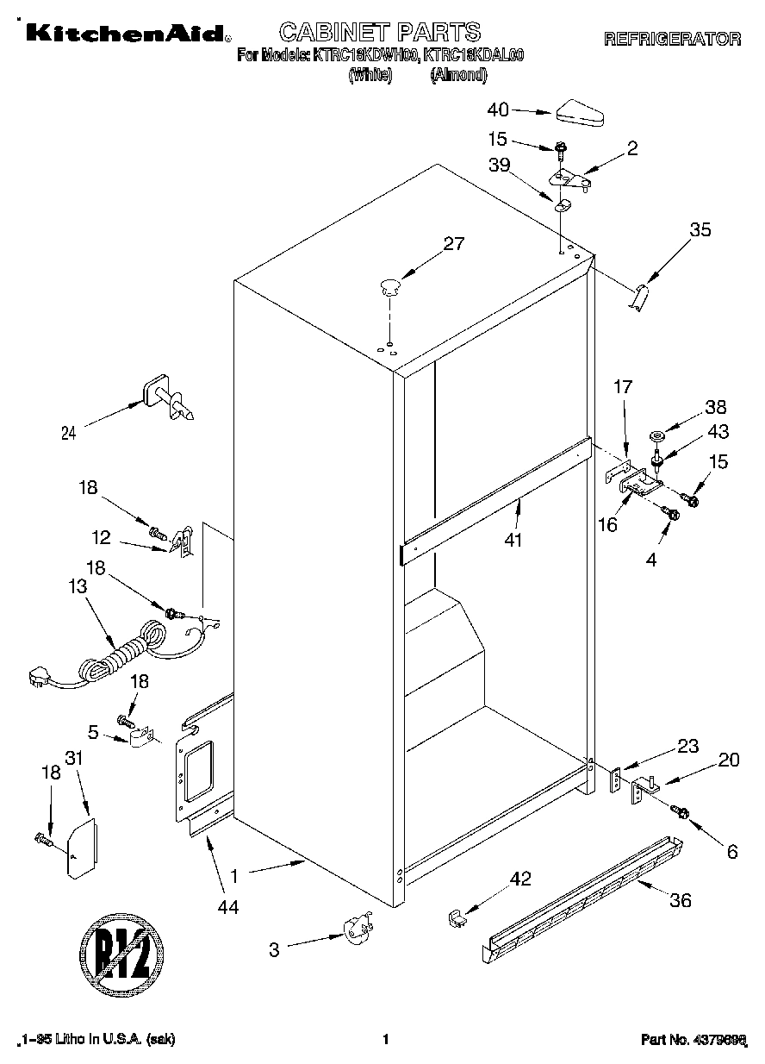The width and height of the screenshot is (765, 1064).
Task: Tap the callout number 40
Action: (x=498, y=110)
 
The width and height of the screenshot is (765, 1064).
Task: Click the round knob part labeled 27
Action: (x=390, y=285)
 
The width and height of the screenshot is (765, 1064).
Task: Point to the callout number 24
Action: (x=68, y=434)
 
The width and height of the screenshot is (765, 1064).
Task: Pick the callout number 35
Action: (x=701, y=229)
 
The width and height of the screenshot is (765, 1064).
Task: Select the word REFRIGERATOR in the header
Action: (x=672, y=39)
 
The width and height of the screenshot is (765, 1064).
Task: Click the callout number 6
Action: (x=732, y=851)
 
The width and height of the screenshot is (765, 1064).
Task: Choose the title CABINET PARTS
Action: (x=379, y=33)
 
